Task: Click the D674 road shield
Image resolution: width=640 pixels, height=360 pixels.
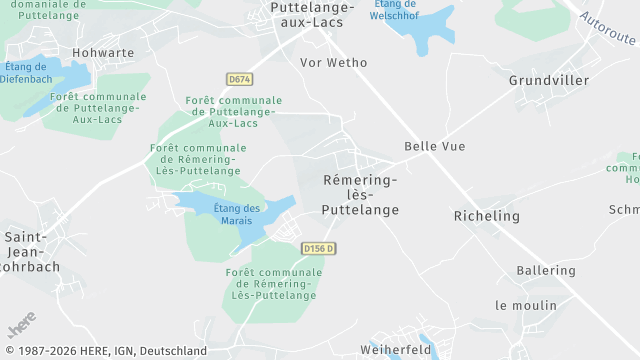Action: click(238, 78)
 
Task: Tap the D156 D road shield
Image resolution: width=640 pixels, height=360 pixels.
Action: click(318, 248)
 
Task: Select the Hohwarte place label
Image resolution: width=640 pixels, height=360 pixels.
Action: click(103, 52)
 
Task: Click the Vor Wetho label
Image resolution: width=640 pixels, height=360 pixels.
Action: click(334, 62)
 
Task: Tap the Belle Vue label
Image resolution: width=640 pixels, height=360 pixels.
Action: click(435, 146)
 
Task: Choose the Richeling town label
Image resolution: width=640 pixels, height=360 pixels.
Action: click(487, 216)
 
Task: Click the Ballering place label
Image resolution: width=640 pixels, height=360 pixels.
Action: click(546, 271)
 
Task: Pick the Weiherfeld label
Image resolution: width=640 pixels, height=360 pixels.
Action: click(395, 350)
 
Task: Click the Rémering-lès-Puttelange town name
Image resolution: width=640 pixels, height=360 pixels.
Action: click(360, 194)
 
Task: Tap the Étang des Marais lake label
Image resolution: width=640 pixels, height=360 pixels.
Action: click(238, 214)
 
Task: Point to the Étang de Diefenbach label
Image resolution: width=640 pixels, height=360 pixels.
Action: click(28, 73)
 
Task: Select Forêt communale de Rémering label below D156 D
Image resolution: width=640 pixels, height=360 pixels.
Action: click(274, 284)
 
